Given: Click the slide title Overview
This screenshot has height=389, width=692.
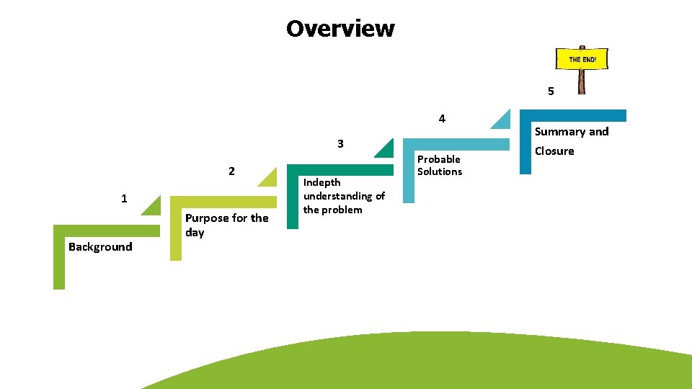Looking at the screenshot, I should coord(340,29).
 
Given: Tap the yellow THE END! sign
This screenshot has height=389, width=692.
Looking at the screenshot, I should coord(582,59).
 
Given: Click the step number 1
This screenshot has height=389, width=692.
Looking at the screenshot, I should coord(125,198).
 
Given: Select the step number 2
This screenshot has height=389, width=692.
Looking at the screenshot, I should coord(231,171).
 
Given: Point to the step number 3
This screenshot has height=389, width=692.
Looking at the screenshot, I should coord(340,143).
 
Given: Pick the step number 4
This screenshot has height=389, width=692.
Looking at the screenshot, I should coord(442,118).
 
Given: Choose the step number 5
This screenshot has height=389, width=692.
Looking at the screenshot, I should coord(551,91).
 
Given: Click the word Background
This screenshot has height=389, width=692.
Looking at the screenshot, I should coord(100,247).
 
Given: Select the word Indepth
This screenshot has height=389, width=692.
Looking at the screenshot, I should coord(321,182).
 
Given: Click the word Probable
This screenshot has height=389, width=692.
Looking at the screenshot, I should coord(438,159).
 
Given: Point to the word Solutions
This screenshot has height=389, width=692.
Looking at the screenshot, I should coord(439,171).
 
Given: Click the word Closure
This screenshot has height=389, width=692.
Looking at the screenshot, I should coord(554,151).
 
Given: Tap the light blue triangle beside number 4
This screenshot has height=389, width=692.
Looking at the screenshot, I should coord(502,122).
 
